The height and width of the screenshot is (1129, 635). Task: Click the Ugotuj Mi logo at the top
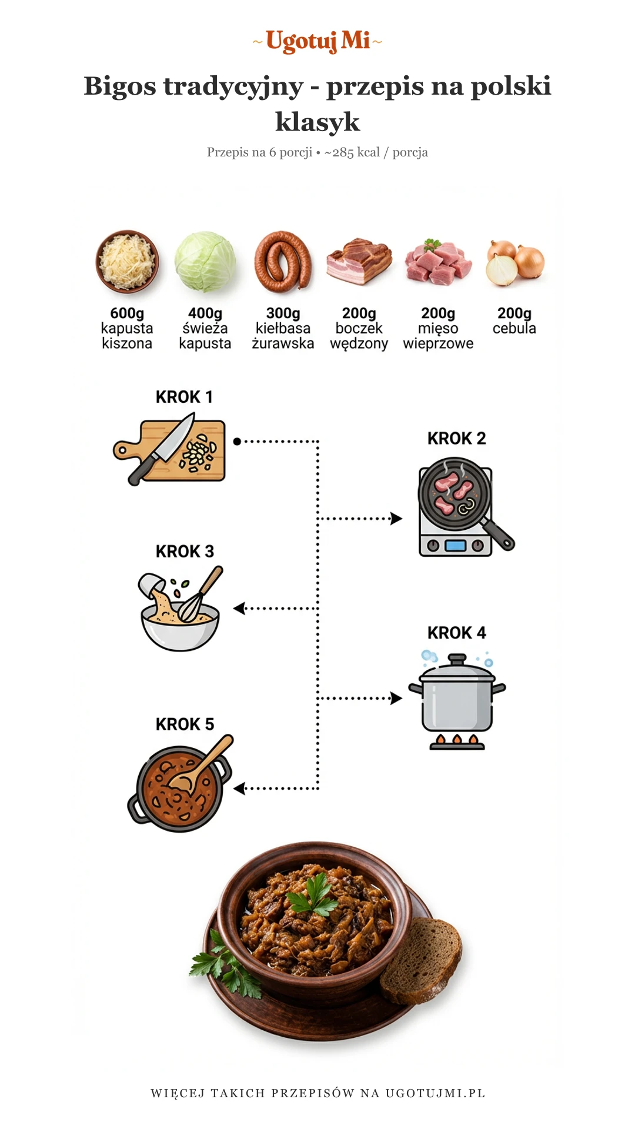[317, 41]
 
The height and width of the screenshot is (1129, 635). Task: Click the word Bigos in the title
[120, 86]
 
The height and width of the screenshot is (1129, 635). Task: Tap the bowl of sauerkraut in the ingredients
[127, 262]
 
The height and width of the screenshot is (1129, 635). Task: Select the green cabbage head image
[205, 262]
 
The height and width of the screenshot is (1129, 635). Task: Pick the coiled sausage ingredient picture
[283, 262]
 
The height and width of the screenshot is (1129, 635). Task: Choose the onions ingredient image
[515, 263]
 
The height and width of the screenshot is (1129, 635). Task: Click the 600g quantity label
[127, 313]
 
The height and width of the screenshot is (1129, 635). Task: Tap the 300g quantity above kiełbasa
[283, 313]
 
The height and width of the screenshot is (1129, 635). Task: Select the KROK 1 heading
[184, 397]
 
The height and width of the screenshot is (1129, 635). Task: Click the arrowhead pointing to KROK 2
[397, 519]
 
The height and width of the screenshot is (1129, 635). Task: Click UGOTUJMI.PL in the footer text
[435, 1093]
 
